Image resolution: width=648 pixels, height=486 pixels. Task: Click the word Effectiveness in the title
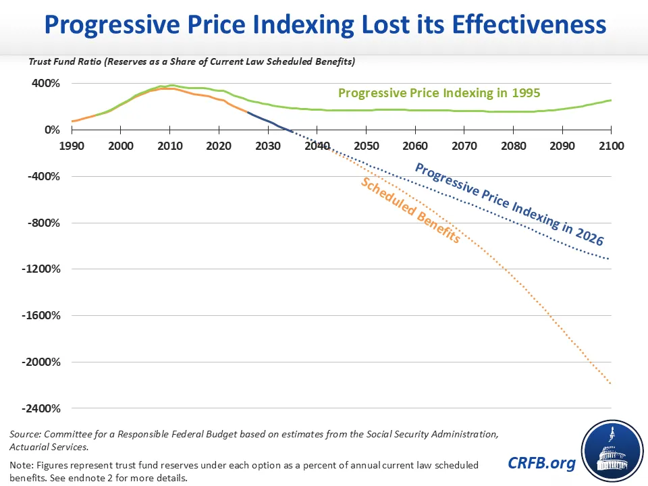point(529,24)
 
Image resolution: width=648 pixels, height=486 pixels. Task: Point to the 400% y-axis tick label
point(46,83)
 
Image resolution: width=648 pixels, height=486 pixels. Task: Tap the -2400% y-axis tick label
point(41,408)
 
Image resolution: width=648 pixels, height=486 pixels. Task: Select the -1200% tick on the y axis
point(41,269)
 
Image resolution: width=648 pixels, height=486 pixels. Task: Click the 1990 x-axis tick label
point(72,146)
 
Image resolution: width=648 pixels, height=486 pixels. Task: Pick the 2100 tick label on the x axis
point(612,146)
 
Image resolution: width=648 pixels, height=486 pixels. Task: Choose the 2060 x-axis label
point(415,146)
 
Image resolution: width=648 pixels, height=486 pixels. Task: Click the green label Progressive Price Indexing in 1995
point(439,93)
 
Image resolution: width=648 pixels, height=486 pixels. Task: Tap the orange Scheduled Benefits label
point(410,210)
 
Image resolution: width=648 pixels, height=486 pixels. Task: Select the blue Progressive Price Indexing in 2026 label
point(510,204)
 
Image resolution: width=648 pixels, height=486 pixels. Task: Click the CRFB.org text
point(541,463)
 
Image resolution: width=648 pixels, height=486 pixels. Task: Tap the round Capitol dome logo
point(612,451)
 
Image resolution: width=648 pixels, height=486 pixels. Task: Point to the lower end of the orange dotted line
point(610,383)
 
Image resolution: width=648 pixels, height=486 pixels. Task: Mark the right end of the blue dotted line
point(609,259)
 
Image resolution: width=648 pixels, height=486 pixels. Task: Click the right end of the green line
point(612,100)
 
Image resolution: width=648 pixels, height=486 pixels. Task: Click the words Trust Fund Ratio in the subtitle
point(65,61)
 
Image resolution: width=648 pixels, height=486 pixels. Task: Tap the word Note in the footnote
point(21,465)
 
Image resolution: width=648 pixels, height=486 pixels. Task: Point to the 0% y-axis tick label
point(53,130)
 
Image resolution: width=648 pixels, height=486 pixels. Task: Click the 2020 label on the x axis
point(219,146)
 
